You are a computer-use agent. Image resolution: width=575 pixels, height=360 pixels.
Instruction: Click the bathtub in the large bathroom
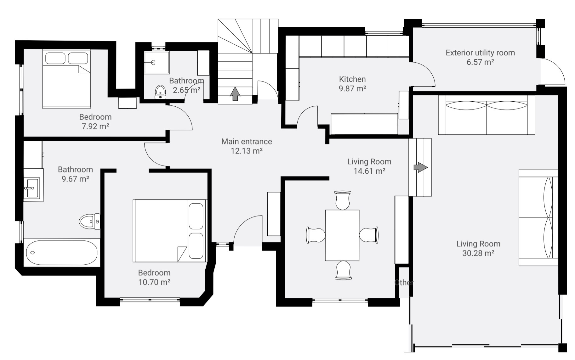(x=62, y=253)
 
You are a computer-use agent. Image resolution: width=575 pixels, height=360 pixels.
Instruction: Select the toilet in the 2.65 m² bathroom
(x=161, y=92)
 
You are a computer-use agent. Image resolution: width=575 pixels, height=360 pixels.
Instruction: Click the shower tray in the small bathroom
(x=157, y=62)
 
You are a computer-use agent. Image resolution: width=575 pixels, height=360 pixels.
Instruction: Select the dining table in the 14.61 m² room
(x=342, y=235)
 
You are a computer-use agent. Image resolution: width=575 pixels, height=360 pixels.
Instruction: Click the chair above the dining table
(x=343, y=200)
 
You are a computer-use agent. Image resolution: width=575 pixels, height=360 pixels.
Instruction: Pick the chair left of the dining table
(x=316, y=235)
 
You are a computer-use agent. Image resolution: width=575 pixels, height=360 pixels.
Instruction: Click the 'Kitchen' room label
(x=352, y=79)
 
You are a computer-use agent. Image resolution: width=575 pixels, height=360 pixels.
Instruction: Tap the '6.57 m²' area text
(x=480, y=62)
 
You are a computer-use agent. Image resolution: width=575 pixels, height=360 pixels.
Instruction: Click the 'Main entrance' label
(x=247, y=141)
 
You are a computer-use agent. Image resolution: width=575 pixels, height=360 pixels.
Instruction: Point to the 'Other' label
(x=404, y=282)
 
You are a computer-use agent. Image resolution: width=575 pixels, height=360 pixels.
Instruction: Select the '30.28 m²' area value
(x=478, y=253)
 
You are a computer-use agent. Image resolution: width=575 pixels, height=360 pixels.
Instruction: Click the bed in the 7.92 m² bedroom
(x=66, y=79)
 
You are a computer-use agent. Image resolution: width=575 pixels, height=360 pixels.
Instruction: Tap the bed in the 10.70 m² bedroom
(x=169, y=230)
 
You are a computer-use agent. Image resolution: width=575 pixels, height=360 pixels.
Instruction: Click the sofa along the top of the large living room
(x=487, y=115)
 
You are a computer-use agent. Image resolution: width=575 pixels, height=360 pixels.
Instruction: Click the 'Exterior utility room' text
(x=480, y=53)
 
